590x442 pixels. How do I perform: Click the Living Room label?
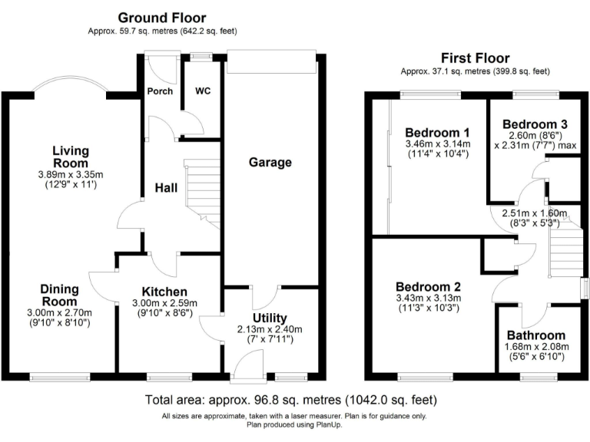[71, 157]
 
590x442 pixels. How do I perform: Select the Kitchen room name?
[164, 292]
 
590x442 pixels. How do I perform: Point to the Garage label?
[270, 162]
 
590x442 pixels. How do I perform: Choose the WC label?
[203, 91]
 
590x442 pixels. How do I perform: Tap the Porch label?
[159, 91]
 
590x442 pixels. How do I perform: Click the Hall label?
[167, 187]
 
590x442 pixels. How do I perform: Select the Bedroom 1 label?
[437, 130]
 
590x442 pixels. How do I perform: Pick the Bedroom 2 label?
[427, 285]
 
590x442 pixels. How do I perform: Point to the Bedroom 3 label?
[535, 124]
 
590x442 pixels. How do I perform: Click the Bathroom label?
[535, 335]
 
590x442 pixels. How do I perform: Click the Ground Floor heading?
[161, 18]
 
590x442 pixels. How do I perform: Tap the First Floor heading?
[475, 58]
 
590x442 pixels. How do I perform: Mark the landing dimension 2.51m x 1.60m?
[534, 213]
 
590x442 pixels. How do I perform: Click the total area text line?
[291, 400]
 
